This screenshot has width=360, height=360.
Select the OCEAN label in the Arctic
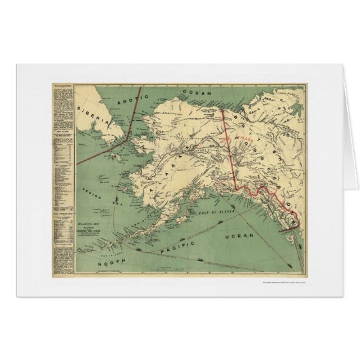point(182,90)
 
